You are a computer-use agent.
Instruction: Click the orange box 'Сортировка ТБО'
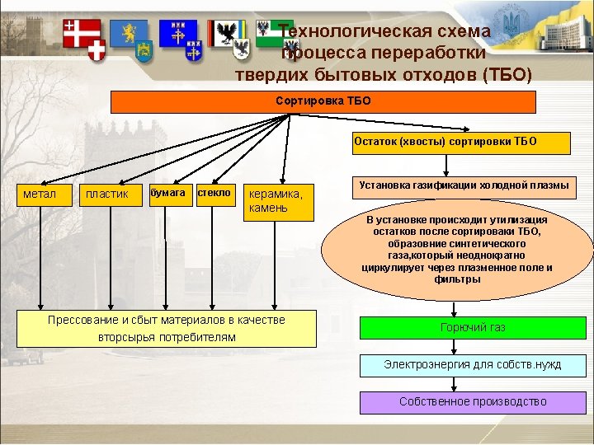point(323,101)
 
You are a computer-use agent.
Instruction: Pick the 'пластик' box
point(107,194)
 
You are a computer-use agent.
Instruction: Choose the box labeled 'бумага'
point(167,193)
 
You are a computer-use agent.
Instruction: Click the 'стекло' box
point(215,193)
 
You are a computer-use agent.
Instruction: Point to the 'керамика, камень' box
point(280,201)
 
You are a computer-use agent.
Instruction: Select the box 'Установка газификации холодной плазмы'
point(464,186)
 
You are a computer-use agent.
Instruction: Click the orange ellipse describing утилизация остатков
point(457,250)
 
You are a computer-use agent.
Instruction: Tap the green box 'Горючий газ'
point(473,328)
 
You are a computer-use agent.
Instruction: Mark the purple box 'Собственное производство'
point(473,402)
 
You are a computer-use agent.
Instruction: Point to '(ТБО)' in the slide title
point(504,75)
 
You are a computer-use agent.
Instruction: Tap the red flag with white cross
point(80,34)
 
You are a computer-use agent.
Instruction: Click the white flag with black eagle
point(225,34)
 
